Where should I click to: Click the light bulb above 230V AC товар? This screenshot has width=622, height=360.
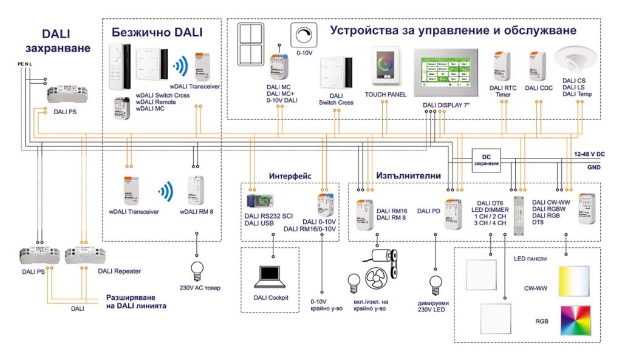tap(196, 267)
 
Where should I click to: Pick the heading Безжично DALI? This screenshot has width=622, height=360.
tap(156, 32)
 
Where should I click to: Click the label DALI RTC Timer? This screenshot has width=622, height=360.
tap(503, 91)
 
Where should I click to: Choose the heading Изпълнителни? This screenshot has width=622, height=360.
tap(408, 175)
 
